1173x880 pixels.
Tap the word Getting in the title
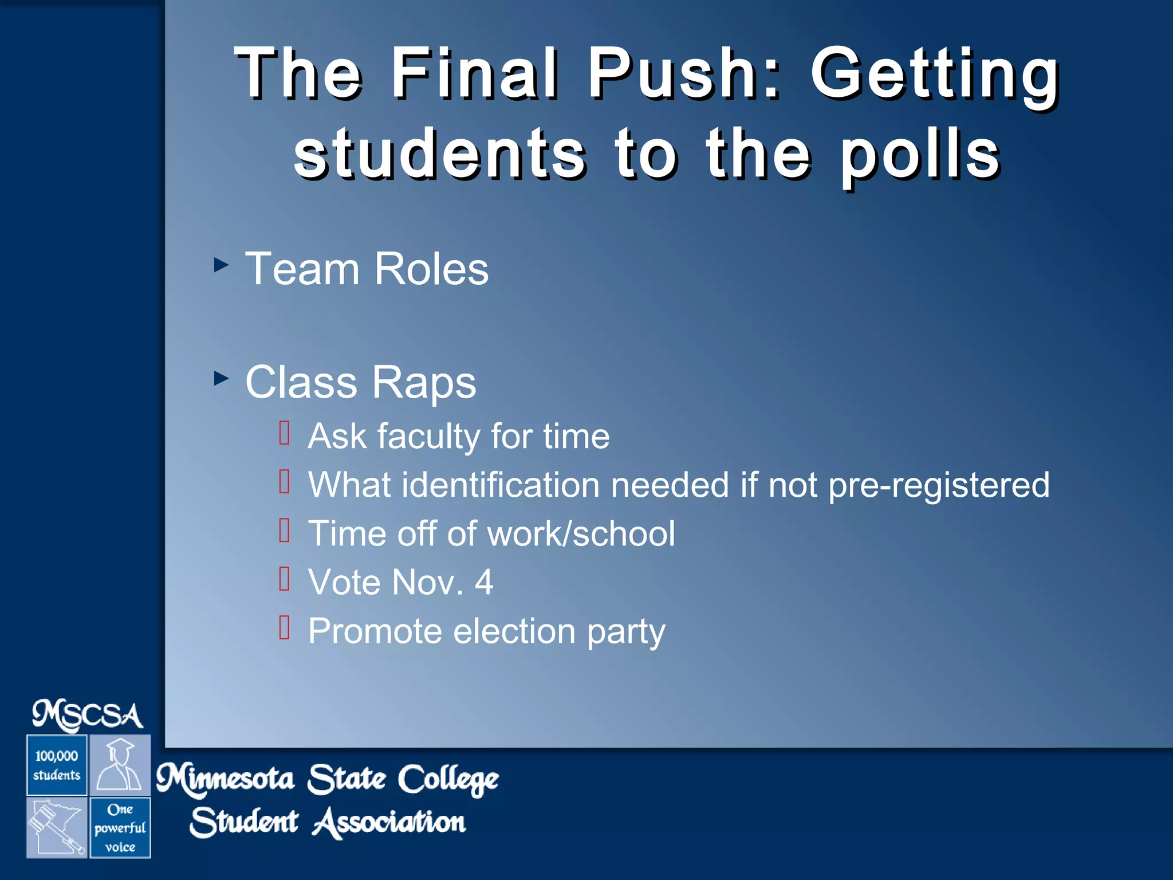click(934, 76)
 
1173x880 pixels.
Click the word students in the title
click(440, 154)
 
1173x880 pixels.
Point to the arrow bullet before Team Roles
click(221, 265)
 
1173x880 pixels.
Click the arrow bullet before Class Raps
click(221, 378)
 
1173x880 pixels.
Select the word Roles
click(431, 269)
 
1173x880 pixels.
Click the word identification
click(500, 485)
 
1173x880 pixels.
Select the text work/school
click(581, 534)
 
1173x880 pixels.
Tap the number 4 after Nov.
click(484, 583)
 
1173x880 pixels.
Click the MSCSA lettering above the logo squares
click(88, 716)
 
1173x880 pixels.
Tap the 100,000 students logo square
click(57, 765)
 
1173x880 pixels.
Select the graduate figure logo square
click(120, 765)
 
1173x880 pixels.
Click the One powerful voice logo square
click(120, 827)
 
